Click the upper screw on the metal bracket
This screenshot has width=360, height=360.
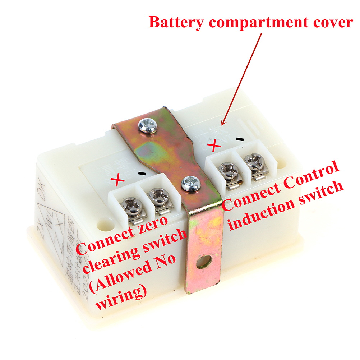click(148, 126)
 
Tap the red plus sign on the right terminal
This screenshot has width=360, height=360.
click(214, 146)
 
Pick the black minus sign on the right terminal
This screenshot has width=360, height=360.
click(240, 138)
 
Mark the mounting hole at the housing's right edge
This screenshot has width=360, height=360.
click(283, 162)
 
